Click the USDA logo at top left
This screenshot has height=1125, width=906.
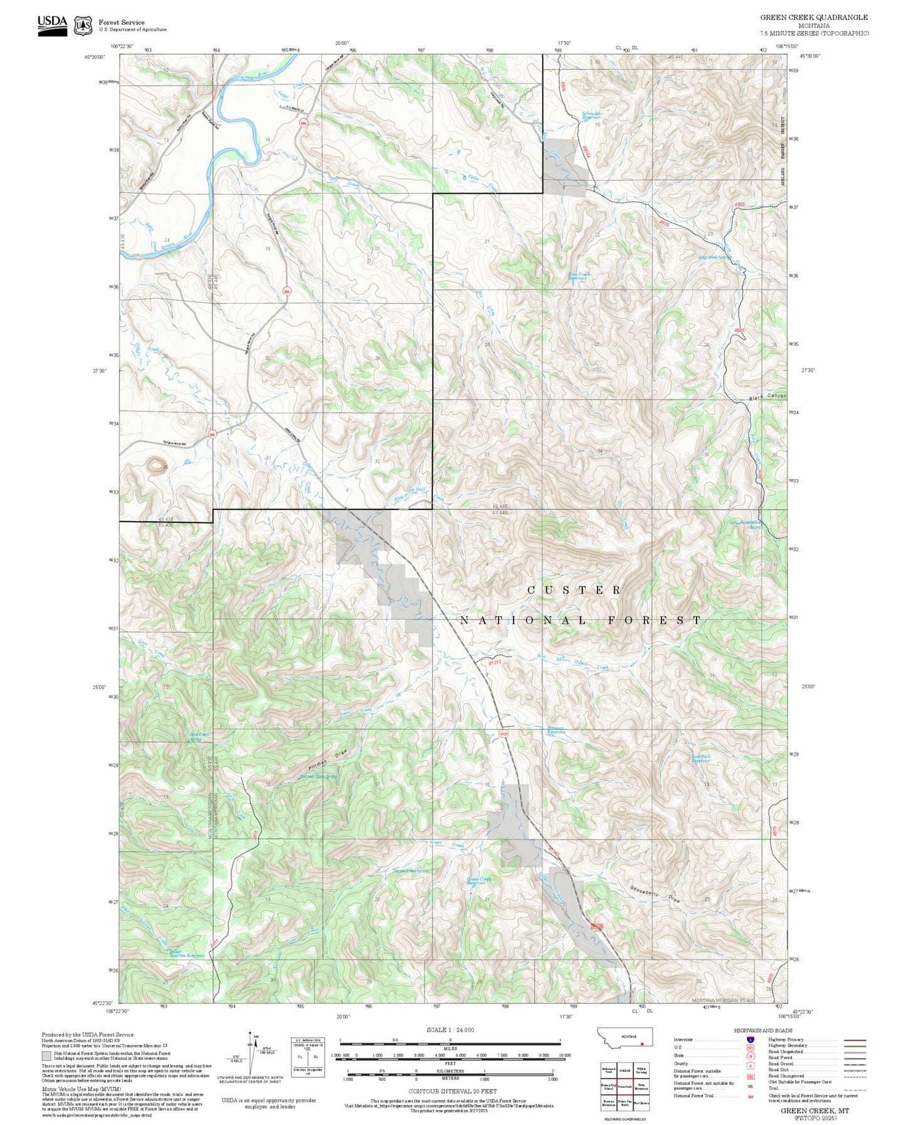52,24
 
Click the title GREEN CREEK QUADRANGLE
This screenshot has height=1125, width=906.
814,17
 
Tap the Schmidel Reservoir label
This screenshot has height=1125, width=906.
591,115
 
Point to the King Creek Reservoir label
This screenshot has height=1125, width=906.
579,276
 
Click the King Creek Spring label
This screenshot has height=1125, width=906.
715,257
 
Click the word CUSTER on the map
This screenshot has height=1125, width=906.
574,590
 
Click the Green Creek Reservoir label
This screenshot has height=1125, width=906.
479,881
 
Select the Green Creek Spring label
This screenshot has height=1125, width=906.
411,871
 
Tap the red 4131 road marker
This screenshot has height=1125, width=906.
503,734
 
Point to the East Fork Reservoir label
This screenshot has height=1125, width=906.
700,759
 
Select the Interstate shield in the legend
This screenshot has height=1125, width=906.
750,1040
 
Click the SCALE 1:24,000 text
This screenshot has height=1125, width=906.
450,1030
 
